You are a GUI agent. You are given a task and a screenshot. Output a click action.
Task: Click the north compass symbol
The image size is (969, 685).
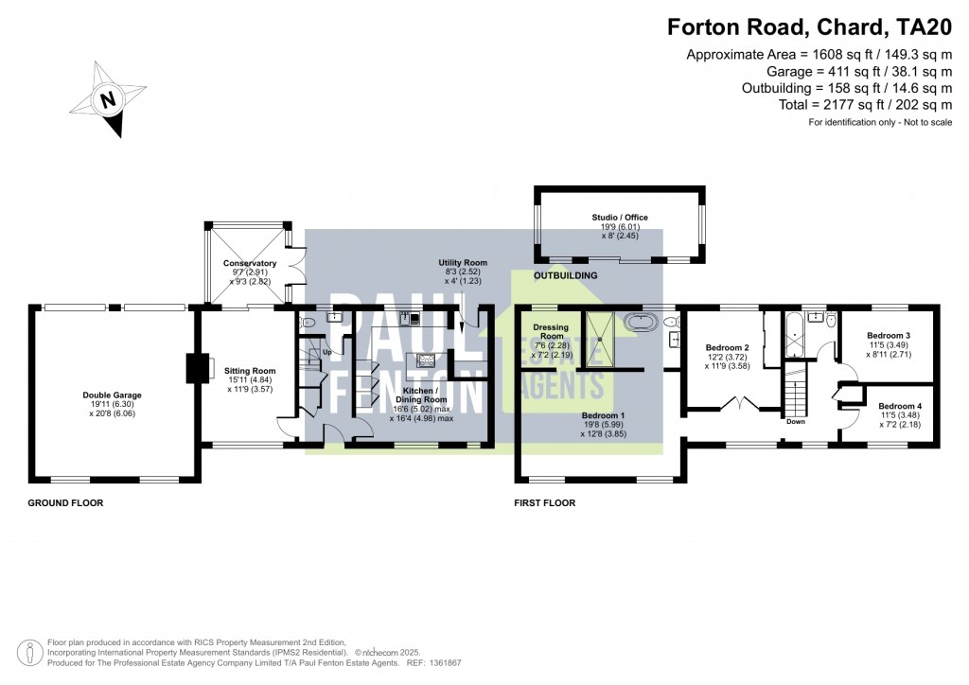point(108,99)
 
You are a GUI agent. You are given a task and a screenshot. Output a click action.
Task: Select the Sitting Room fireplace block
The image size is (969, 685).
point(200,368)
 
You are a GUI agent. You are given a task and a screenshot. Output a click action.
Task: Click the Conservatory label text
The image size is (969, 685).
point(250,263)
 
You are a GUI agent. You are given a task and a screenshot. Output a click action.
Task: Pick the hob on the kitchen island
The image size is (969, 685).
point(424,360)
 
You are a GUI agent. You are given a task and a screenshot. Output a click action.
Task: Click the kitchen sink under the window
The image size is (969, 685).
point(410,318)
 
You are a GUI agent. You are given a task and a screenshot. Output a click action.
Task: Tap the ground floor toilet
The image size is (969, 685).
point(304,323)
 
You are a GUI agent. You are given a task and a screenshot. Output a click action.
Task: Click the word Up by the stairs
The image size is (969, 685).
point(326,352)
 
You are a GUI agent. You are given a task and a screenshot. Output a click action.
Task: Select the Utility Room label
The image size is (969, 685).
point(462,262)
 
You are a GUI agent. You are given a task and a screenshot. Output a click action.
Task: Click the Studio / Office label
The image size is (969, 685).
point(620,217)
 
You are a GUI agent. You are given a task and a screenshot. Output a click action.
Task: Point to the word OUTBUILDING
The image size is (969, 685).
point(566,275)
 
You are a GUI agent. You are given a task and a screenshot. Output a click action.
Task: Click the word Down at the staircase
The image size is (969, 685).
point(795,422)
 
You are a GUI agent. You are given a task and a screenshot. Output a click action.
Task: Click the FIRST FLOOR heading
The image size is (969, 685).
point(544,503)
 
